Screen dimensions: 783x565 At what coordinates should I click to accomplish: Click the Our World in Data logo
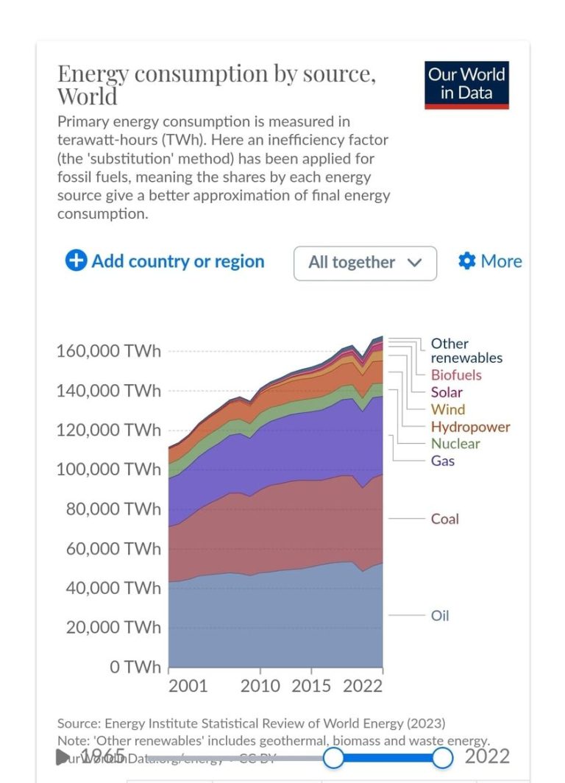click(x=466, y=85)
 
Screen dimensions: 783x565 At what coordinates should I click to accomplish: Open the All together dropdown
click(x=365, y=263)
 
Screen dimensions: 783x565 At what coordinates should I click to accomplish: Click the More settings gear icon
click(x=466, y=261)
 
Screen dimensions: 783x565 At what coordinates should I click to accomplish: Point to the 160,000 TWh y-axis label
click(x=108, y=351)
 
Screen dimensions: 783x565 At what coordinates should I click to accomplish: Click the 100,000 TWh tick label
click(x=108, y=470)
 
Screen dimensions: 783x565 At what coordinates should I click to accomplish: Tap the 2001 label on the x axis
click(x=188, y=686)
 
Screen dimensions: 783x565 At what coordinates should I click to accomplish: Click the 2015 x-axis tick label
click(x=311, y=686)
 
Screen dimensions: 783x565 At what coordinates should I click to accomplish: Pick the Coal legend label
click(x=444, y=519)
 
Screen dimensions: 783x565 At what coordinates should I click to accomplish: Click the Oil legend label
click(x=440, y=615)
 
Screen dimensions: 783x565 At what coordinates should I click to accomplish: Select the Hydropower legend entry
click(x=470, y=427)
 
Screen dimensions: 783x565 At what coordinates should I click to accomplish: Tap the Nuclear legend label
click(x=455, y=444)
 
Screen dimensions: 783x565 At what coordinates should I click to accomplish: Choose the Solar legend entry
click(x=447, y=392)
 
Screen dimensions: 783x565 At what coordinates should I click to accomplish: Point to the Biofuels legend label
click(x=456, y=375)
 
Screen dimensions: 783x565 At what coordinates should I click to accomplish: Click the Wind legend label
click(x=447, y=410)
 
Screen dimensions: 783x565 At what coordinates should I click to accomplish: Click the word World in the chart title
click(x=87, y=96)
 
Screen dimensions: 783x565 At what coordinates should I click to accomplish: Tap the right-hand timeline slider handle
click(x=442, y=757)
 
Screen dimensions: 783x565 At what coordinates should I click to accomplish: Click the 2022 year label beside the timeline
click(x=487, y=757)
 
